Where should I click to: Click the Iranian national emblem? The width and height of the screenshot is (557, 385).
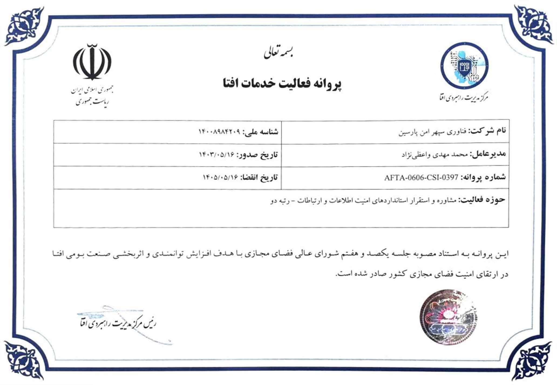tap(92, 62)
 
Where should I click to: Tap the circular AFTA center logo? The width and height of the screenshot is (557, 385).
tap(464, 66)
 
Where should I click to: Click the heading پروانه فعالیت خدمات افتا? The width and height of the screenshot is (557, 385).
tap(282, 84)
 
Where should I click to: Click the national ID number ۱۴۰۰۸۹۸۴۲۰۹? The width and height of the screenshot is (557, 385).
tap(219, 132)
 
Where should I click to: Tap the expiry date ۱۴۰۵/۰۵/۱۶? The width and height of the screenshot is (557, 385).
tap(220, 177)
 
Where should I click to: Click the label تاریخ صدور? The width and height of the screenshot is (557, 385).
tap(257, 155)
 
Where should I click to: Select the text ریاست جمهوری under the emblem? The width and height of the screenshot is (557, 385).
tap(92, 101)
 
